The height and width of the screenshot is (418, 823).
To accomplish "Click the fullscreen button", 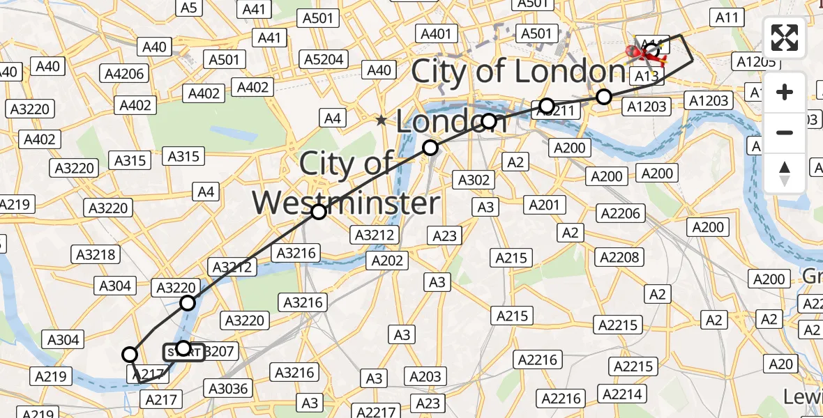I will [x=785, y=38].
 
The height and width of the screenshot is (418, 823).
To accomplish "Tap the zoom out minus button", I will [x=785, y=132].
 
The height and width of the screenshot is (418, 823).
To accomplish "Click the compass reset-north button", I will [x=785, y=173].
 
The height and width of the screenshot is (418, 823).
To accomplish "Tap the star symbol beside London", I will [x=381, y=121].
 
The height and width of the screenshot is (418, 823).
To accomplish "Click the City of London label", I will [x=518, y=72].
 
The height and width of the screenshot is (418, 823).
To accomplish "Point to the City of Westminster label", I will [x=347, y=185].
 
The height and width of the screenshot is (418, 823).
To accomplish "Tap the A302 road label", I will [x=474, y=180].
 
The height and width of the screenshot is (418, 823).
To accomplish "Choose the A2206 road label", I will [x=621, y=213].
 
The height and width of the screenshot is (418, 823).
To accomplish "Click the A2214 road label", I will [x=621, y=394].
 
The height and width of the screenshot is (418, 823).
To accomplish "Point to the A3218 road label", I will [x=96, y=254].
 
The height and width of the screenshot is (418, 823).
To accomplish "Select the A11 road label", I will [x=727, y=17].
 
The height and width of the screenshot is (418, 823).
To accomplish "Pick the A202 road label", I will [x=387, y=260].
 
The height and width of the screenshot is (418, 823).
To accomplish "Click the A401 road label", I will [x=436, y=33].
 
